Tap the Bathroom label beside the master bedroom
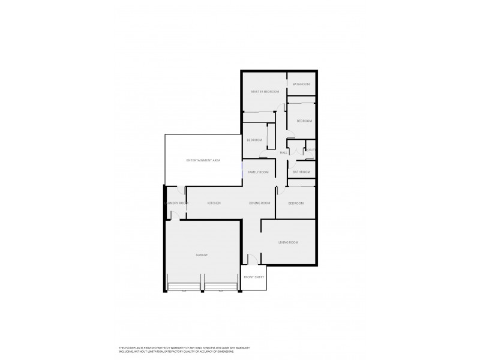pos(301,84)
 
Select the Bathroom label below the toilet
pos(301,172)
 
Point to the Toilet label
pos(310,149)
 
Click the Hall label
pos(283,153)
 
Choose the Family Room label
pos(258,172)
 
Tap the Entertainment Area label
pos(203,160)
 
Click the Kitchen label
pos(214,203)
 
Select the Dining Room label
pos(260,203)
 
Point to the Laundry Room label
pos(176,203)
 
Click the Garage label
pos(202,255)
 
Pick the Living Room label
pos(288,242)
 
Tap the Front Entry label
pos(254,277)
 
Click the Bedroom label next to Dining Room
pos(296,203)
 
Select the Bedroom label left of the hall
pos(254,140)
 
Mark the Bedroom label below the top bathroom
pos(304,121)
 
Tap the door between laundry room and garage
pos(173,214)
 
